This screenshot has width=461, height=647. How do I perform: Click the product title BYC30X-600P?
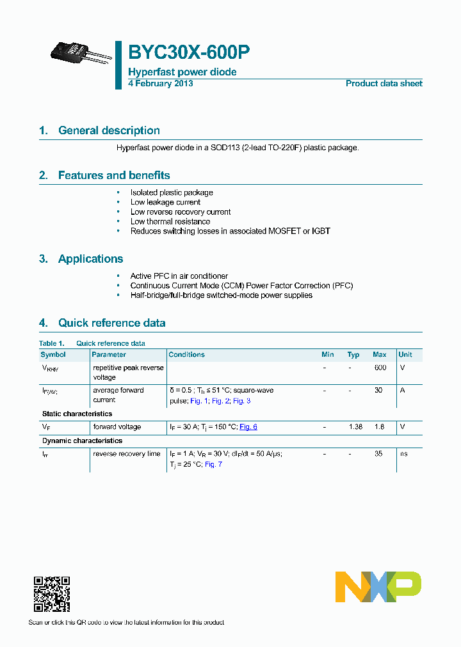click(x=189, y=52)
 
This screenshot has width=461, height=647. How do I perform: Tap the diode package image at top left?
click(x=81, y=55)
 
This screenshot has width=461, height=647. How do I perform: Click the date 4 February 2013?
click(x=160, y=84)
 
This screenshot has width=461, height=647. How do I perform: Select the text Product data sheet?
click(x=384, y=84)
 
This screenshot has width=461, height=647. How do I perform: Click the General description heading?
click(x=109, y=130)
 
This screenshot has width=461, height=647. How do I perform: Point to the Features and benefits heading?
click(x=114, y=175)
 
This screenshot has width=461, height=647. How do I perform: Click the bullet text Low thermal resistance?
click(x=170, y=221)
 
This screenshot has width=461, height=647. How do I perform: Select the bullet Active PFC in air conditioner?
click(x=179, y=276)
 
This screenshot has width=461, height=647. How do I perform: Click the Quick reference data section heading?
click(x=111, y=323)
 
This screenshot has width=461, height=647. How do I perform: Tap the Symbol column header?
click(x=53, y=354)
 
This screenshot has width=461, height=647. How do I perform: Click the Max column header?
click(x=379, y=354)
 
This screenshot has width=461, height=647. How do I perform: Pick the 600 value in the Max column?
click(x=380, y=368)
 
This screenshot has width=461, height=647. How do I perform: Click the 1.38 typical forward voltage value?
click(x=353, y=426)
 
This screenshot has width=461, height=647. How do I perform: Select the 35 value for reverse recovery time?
click(x=378, y=453)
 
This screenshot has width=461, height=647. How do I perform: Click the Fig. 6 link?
click(x=248, y=426)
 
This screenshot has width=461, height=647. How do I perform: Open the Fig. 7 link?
click(x=213, y=464)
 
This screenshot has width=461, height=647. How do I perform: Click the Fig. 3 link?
click(x=241, y=400)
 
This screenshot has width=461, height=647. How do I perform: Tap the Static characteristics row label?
click(x=77, y=414)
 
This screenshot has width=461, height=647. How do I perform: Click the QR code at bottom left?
click(x=52, y=594)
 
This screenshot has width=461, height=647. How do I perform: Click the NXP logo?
click(x=378, y=587)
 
